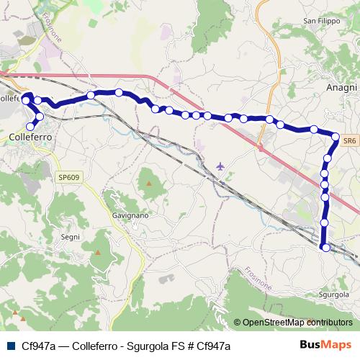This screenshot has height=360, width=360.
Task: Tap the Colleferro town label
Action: [30, 135]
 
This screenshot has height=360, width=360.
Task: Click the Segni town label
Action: [70, 236]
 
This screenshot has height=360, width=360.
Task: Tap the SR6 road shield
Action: [348, 142]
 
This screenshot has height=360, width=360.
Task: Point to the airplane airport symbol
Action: [220, 166]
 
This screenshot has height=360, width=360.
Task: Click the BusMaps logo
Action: [325, 345]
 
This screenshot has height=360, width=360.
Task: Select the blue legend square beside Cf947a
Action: [9, 346]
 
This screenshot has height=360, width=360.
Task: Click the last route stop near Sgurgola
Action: [325, 248]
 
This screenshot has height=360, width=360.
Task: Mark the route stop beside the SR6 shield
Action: [336, 136]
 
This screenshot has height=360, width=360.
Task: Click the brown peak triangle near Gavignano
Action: [149, 183]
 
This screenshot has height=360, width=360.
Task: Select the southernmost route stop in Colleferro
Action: [30, 127]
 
